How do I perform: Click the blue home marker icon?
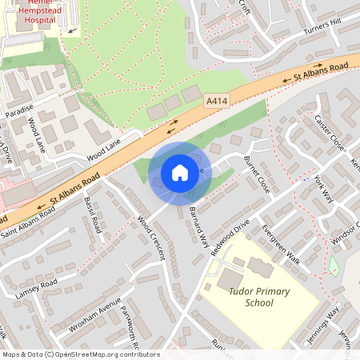click(180, 172)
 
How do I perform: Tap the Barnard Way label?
click(199, 225)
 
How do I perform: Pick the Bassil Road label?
click(93, 214)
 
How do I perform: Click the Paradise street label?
click(21, 110)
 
